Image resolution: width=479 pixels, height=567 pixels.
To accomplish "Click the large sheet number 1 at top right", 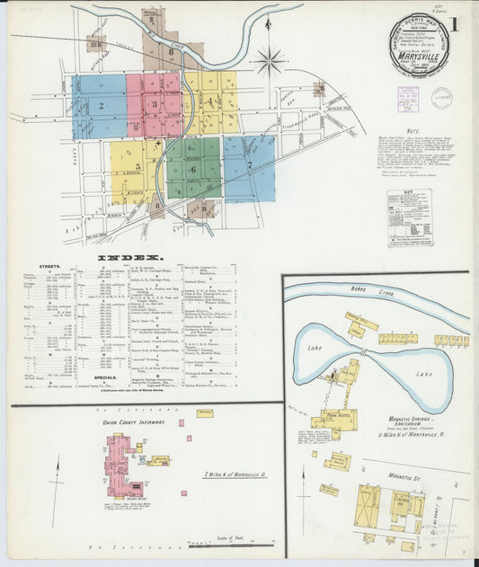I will (x=457, y=24).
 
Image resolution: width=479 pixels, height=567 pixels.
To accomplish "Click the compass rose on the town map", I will (x=268, y=62).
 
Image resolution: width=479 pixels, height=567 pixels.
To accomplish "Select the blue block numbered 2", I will (x=101, y=106).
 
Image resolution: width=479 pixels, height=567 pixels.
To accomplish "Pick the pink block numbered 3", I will (x=154, y=104).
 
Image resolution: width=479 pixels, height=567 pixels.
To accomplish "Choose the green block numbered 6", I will (x=193, y=168).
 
